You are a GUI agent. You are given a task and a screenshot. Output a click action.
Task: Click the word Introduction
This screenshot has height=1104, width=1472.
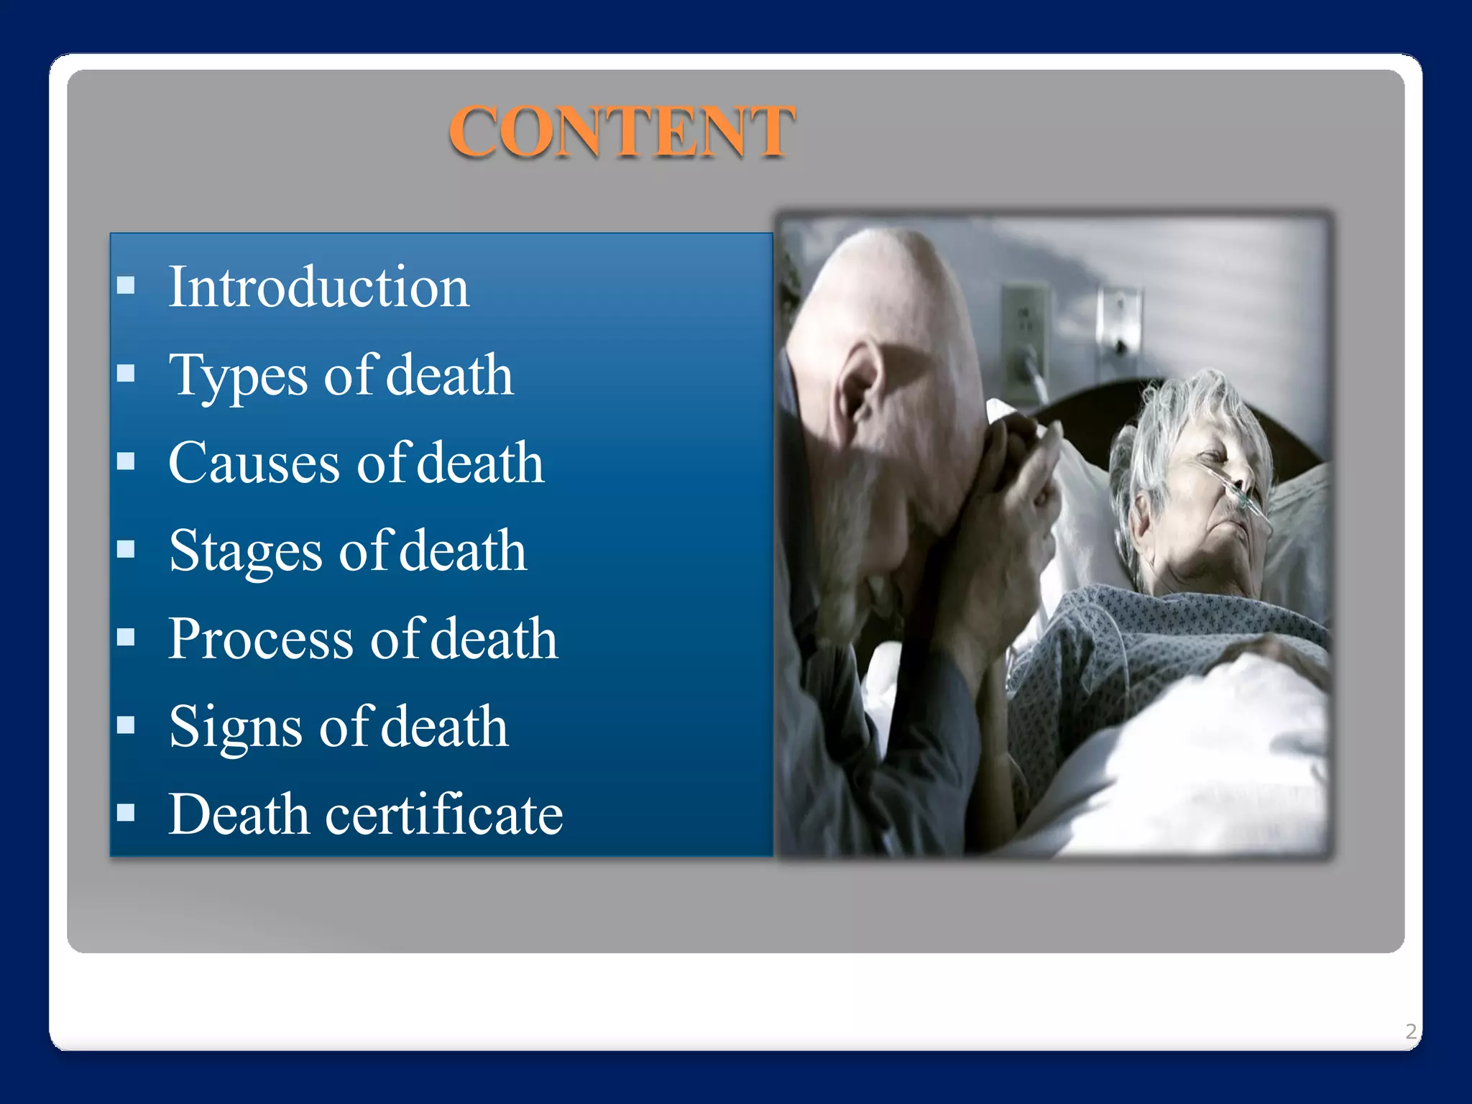318,287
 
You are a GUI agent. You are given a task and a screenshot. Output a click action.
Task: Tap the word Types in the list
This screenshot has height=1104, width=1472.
238,376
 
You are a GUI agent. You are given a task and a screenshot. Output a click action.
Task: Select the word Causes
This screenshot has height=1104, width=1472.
254,464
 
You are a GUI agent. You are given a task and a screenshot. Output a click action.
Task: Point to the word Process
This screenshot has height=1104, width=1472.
261,639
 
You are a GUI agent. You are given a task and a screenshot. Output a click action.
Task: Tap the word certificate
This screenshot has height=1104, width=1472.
444,815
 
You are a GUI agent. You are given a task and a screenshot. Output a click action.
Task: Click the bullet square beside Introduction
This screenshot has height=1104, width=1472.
126,285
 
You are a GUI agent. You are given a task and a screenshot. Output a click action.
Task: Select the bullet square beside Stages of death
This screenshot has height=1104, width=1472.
126,549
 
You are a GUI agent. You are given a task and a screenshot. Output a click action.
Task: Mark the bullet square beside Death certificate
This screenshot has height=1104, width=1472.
126,812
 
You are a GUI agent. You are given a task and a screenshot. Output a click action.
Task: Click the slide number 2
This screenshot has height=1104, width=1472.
1411,1031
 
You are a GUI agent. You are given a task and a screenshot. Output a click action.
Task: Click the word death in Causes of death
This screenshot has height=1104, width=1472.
480,464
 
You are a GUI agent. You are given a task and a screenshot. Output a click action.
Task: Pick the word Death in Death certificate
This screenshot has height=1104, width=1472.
239,815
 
